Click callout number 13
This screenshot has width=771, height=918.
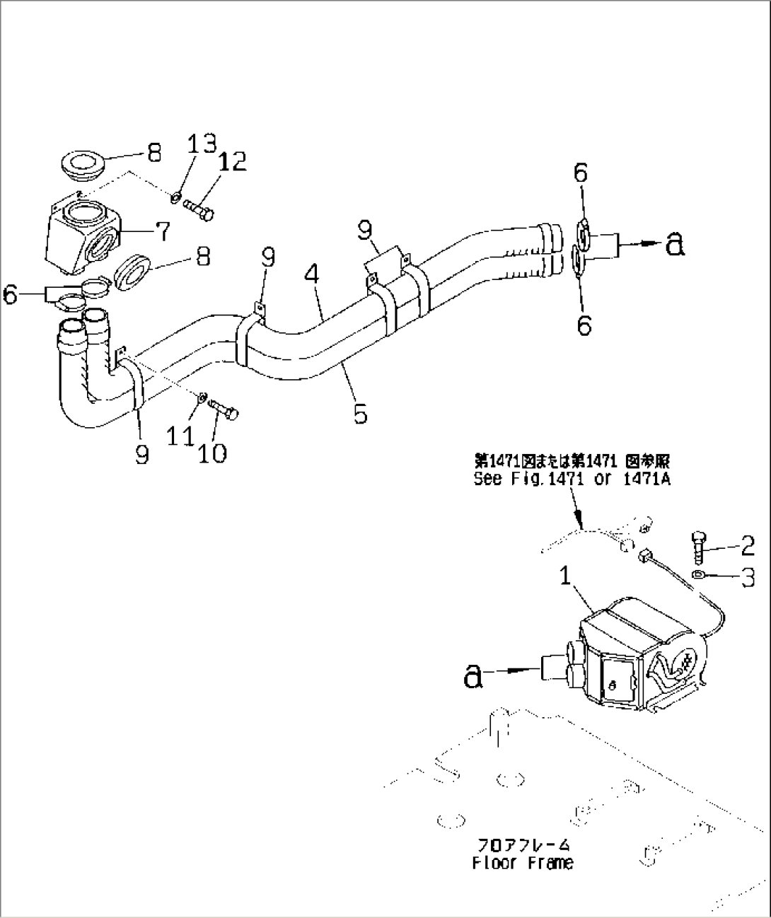coord(200,144)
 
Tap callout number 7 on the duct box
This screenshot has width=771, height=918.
coord(162,230)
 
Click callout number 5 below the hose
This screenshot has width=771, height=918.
coord(360,413)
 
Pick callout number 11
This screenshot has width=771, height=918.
coord(181,434)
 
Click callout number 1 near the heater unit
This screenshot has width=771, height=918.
coord(565,576)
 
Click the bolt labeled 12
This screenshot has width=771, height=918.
coord(199,209)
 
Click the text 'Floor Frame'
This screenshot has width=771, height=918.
coord(522,863)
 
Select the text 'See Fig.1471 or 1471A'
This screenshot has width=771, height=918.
coord(571,480)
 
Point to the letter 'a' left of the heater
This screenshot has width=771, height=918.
coord(473,676)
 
